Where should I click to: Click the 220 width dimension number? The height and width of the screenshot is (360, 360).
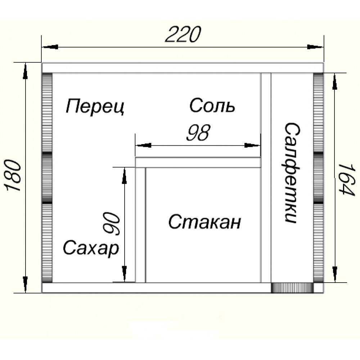click(x=182, y=35)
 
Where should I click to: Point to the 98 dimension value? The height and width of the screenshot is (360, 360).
click(x=198, y=134)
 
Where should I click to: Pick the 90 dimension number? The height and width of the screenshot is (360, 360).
click(x=112, y=224)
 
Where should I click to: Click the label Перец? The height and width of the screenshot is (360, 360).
click(x=95, y=107)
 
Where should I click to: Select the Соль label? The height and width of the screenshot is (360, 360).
click(x=212, y=106)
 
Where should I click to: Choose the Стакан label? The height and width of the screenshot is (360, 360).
click(x=204, y=222)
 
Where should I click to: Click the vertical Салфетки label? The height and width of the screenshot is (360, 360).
click(x=292, y=173)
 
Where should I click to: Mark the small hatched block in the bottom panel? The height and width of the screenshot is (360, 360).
click(x=292, y=288)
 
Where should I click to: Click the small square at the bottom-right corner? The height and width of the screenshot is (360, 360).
click(x=318, y=288)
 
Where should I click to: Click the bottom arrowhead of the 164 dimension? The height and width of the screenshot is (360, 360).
click(x=334, y=274)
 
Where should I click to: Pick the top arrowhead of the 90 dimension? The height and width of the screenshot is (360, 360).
click(x=124, y=175)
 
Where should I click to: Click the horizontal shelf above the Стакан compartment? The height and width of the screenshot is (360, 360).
click(x=198, y=163)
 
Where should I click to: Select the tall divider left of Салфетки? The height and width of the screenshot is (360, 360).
click(x=266, y=178)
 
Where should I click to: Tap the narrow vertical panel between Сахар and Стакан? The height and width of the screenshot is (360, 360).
click(x=140, y=225)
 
